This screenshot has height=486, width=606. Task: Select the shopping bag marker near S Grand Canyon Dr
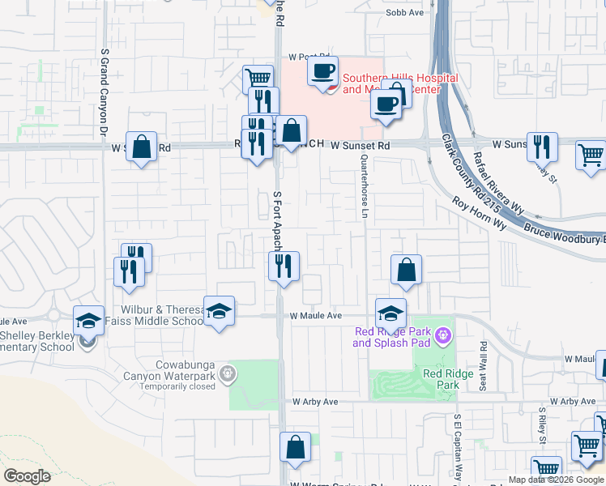pyautogui.click(x=141, y=147)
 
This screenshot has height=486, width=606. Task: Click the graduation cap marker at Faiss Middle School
pyautogui.click(x=219, y=311)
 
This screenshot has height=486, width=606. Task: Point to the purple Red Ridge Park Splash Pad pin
pyautogui.click(x=442, y=334)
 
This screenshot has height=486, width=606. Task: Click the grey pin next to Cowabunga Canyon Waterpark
pyautogui.click(x=229, y=373)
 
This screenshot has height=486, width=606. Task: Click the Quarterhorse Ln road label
pyautogui.click(x=365, y=185)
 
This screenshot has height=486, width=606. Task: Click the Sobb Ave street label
pyautogui.click(x=405, y=13)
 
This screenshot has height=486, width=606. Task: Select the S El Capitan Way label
pyautogui.click(x=457, y=446)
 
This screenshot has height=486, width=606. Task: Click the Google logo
pyautogui.click(x=28, y=476)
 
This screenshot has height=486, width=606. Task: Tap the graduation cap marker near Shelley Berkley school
pyautogui.click(x=88, y=319)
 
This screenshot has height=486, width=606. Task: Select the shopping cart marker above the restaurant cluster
pyautogui.click(x=258, y=79)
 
